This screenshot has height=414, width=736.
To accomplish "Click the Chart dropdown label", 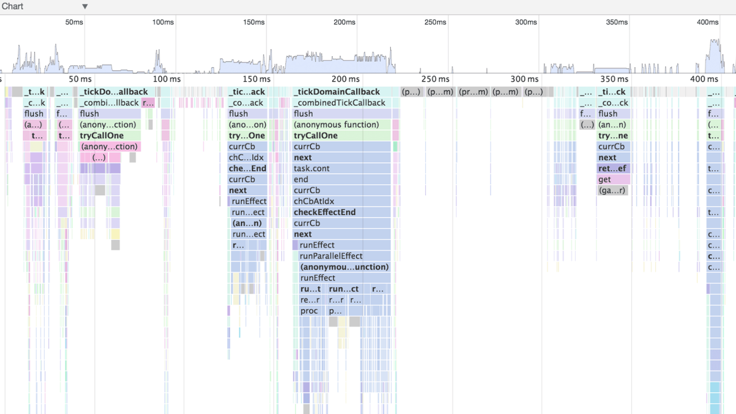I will tap(12, 6).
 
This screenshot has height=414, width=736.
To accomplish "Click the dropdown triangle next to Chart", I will tap(85, 7).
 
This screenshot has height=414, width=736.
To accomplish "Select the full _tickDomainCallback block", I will tap(341, 92).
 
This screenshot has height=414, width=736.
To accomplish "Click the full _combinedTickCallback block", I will tap(341, 103).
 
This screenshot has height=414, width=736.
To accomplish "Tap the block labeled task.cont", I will tap(341, 168).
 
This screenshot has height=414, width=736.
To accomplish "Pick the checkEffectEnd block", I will tap(341, 212).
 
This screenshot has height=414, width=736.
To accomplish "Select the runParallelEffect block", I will tap(344, 256).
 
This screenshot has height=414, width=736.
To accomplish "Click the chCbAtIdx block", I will tap(341, 201).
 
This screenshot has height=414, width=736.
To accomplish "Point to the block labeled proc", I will tap(310, 311).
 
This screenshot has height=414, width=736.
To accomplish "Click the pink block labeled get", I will tap(613, 179).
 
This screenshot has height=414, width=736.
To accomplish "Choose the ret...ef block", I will tap(613, 168).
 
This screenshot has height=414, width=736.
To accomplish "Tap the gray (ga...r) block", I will tap(612, 190).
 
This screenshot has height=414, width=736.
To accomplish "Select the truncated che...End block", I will tap(247, 168).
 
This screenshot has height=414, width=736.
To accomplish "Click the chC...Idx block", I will tap(247, 157).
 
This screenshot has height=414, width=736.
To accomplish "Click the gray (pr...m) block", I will tap(473, 92).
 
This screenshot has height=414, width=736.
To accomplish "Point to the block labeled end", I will tap(341, 179).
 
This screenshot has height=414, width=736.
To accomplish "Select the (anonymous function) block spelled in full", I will tap(341, 125).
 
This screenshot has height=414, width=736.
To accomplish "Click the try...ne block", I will tap(613, 136).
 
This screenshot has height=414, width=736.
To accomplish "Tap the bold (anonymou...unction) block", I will tap(344, 267).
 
